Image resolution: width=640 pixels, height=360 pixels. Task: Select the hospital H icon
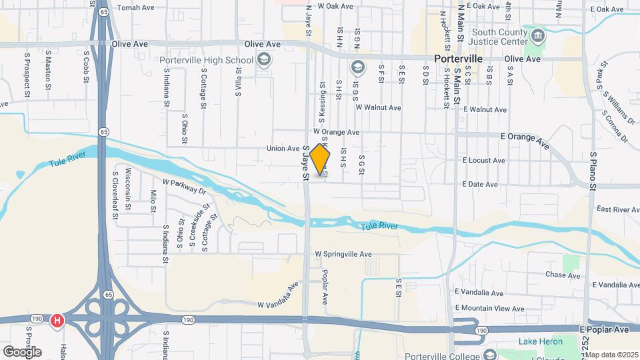tap(57, 321)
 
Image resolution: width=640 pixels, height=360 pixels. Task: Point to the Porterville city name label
tap(457, 59)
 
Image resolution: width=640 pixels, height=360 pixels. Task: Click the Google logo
tap(22, 351)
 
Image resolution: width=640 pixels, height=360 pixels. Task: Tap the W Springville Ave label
tap(343, 254)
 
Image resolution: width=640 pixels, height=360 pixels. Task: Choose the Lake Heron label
tap(541, 342)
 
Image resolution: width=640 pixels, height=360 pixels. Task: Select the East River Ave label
tap(618, 209)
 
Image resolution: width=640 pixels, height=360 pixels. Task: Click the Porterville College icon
tap(491, 354)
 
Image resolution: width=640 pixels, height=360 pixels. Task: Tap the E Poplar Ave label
tap(604, 329)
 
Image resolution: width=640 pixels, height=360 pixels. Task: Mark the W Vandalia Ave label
tap(279, 297)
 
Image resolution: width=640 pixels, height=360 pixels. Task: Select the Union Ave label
tap(283, 148)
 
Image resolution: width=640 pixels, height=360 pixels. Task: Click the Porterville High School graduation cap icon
tap(263, 61)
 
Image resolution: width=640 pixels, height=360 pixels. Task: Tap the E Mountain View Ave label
tap(489, 308)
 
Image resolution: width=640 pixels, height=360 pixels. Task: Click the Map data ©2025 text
tap(611, 355)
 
